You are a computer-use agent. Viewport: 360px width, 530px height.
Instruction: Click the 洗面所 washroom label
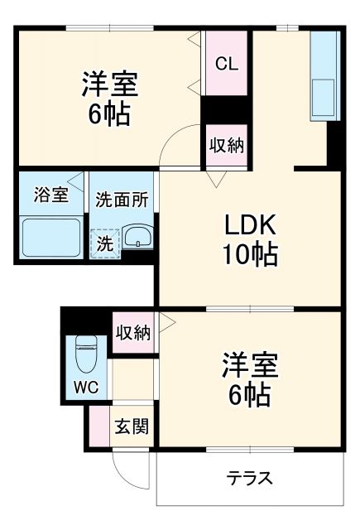pos(122,199)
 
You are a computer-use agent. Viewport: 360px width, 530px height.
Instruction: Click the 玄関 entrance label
pos(131,427)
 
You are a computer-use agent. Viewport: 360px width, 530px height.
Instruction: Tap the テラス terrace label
pos(250,479)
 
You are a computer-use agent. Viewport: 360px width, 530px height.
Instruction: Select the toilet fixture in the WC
pos(85,354)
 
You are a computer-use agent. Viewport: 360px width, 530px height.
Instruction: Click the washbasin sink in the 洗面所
pos(137,238)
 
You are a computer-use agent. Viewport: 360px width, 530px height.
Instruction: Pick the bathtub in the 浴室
pos(50,238)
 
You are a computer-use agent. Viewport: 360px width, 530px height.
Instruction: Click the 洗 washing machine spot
pos(105,243)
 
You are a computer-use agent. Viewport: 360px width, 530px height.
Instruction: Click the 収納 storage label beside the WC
pos(132,333)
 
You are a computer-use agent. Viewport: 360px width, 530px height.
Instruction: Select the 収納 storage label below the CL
pos(225,146)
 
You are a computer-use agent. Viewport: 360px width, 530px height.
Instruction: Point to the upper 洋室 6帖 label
pos(109,99)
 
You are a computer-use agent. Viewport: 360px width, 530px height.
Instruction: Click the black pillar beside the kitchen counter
pos(334,145)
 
